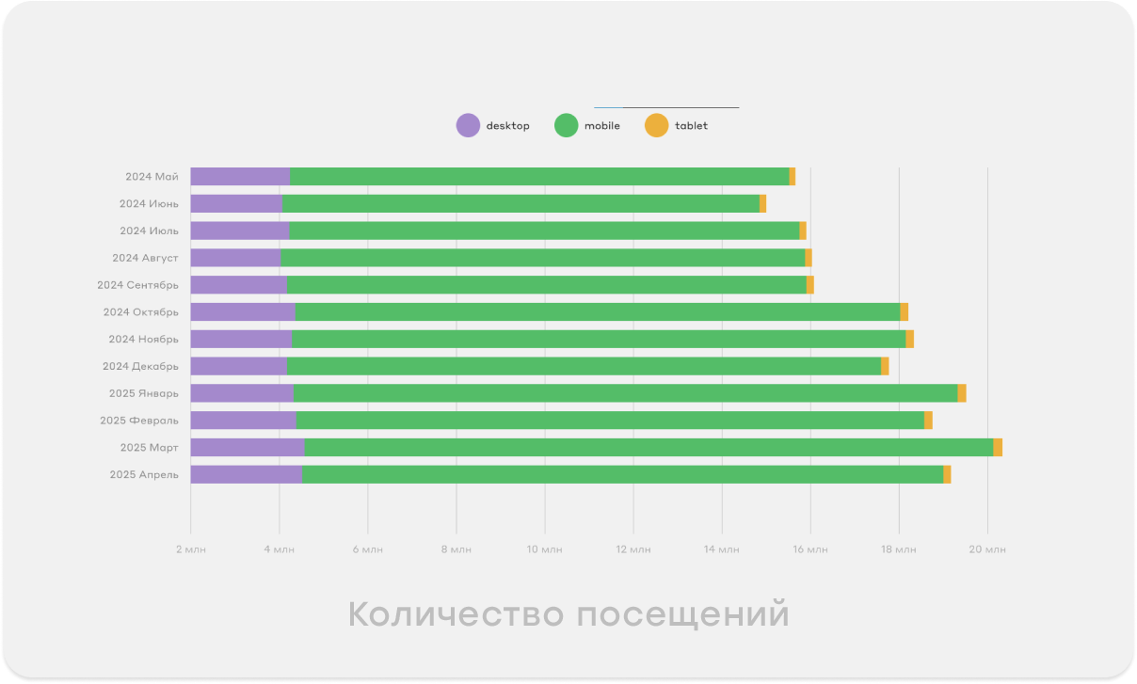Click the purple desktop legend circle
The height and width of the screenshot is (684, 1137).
[x=468, y=125]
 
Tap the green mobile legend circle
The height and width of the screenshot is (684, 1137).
[x=566, y=125]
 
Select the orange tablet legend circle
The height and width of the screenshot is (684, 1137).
[x=656, y=125]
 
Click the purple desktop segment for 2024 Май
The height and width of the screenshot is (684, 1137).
[x=240, y=177]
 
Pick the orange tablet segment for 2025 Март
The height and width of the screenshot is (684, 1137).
[x=998, y=448]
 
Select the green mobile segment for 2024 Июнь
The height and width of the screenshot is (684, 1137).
[x=520, y=203]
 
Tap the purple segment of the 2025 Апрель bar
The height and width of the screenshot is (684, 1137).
[x=247, y=475]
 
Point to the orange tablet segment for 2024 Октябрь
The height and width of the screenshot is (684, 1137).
[x=905, y=312]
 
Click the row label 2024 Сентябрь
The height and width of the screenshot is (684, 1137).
[x=137, y=285]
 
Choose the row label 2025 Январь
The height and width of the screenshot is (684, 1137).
[x=143, y=393]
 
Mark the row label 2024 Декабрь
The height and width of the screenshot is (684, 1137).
[x=140, y=366]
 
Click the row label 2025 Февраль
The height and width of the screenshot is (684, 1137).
[x=139, y=421]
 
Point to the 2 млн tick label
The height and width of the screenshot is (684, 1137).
[x=190, y=549]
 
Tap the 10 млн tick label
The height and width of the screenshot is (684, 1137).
[x=544, y=549]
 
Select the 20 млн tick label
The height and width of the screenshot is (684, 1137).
[x=987, y=549]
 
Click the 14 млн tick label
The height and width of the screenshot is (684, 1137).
[x=722, y=549]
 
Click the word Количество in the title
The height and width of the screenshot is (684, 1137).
[x=456, y=615]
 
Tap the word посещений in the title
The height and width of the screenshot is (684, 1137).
[x=682, y=615]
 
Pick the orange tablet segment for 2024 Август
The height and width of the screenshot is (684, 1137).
[x=809, y=258]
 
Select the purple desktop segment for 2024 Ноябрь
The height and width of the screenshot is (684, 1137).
[x=241, y=340]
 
